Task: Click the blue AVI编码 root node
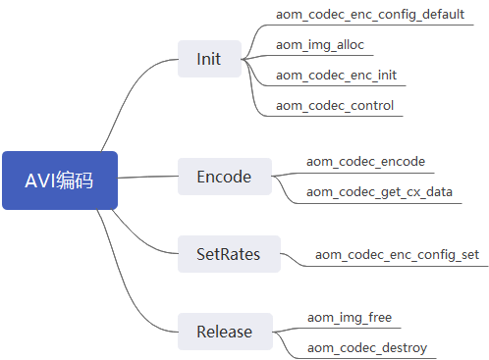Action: point(60,180)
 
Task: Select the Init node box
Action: point(209,59)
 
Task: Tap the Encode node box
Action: point(224,178)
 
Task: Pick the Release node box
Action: point(224,332)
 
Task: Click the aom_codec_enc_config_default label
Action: point(370,15)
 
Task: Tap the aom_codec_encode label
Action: point(365,161)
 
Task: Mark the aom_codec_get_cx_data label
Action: point(379,191)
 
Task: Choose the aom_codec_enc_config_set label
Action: point(397,255)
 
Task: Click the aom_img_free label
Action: point(350,317)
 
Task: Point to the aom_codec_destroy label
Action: point(366,347)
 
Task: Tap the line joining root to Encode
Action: point(147,178)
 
